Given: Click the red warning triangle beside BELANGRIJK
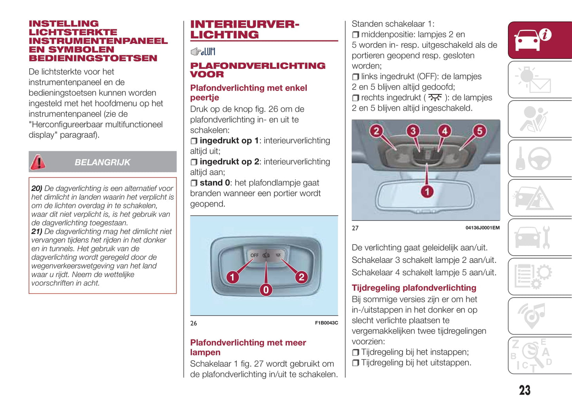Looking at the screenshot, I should (x=38, y=162).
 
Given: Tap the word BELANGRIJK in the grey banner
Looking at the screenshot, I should (x=102, y=162).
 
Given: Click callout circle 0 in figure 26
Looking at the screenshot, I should (x=266, y=290).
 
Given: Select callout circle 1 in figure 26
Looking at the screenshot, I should (x=232, y=277).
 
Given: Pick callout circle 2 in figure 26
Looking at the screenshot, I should (x=301, y=277).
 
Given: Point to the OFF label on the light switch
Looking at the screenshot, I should (x=254, y=255).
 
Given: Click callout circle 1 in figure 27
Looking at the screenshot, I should (x=427, y=192).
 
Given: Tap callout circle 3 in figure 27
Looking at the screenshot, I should (x=413, y=131).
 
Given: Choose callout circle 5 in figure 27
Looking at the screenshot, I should (x=479, y=131).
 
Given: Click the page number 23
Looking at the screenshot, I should (x=524, y=390).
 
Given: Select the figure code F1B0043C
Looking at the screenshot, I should (x=326, y=323).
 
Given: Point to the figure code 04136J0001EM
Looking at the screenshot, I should (x=482, y=228).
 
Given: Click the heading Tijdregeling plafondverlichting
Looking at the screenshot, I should (x=414, y=288).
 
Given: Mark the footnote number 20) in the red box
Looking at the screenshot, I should (x=37, y=188).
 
